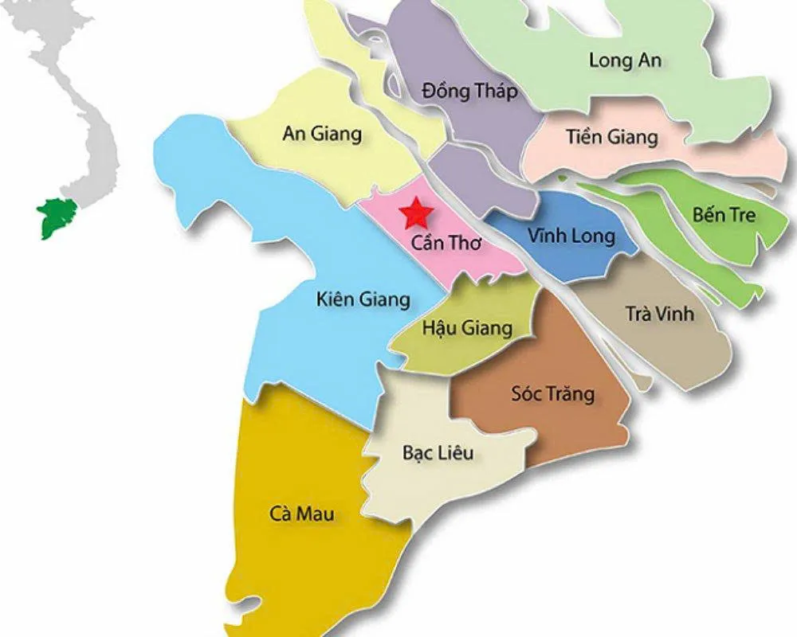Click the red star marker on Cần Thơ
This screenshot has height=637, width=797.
pos(416,213)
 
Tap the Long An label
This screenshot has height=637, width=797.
pos(625,61)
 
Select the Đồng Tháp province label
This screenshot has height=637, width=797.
pos(469,91)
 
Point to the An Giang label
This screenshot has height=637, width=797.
pos(321,134)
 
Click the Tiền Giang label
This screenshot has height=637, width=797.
pos(612,137)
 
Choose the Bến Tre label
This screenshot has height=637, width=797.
pos(724,215)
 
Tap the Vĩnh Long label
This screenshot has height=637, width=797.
pos(571,236)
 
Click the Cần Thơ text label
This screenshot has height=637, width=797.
pos(446,243)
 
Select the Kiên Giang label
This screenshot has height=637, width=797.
pos(363,299)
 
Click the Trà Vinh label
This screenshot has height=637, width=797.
pos(659,314)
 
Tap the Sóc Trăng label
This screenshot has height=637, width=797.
pos(552,393)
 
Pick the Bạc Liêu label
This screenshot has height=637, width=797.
pos(438,453)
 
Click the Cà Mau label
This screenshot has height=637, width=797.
pos(301,514)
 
